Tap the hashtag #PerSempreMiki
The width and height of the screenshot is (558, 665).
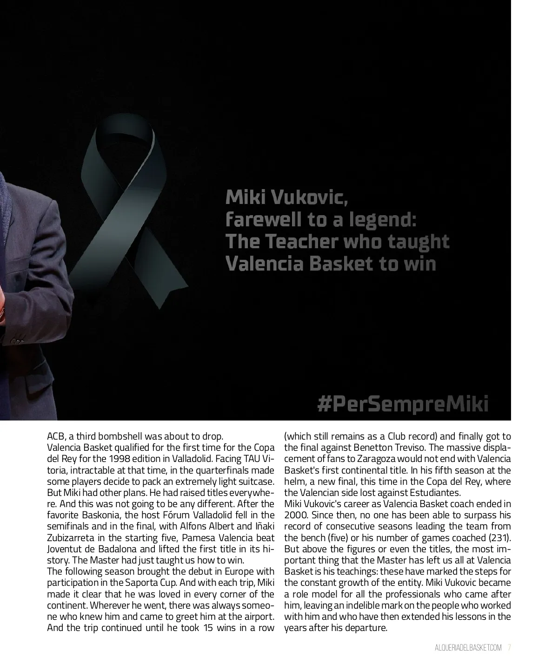pyautogui.click(x=403, y=404)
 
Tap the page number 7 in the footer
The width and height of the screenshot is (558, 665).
pyautogui.click(x=510, y=648)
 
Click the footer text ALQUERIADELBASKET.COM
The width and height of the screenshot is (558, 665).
pyautogui.click(x=468, y=648)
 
